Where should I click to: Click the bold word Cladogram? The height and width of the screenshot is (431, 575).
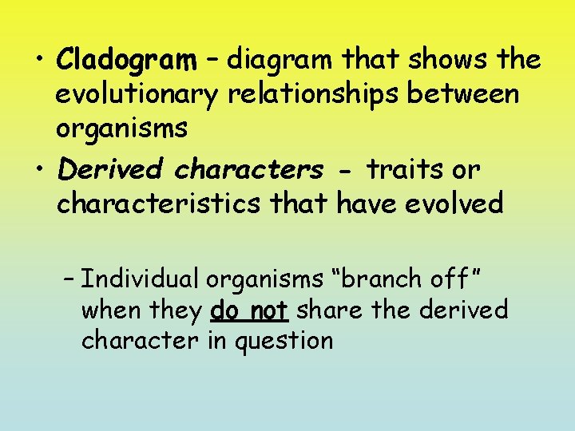click(x=127, y=60)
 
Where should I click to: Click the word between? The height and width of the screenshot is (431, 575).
click(x=463, y=94)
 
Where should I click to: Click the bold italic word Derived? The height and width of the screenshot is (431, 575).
click(x=110, y=169)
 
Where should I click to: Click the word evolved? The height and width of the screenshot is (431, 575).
click(x=455, y=204)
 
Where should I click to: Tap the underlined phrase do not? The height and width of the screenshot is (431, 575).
click(x=249, y=310)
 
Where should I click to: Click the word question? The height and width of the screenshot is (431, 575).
click(x=282, y=341)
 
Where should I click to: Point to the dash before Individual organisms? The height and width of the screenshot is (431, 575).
click(x=69, y=280)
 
